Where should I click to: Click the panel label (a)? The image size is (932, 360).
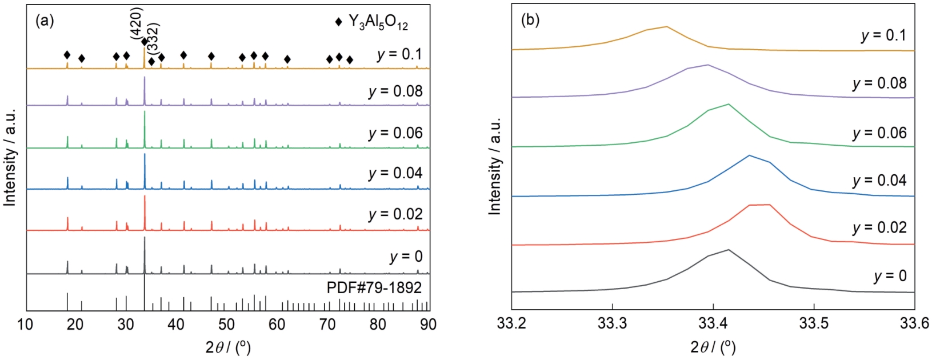click(x=45, y=21)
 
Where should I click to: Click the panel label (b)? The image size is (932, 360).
click(x=530, y=20)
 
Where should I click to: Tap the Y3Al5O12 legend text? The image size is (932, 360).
click(x=378, y=22)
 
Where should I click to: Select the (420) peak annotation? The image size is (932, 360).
click(x=137, y=23)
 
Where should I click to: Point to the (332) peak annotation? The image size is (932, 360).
click(x=153, y=38)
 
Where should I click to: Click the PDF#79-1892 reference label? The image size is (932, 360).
click(x=374, y=287)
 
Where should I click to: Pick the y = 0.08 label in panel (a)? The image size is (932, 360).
click(x=395, y=91)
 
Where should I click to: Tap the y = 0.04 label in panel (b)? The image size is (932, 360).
click(x=879, y=181)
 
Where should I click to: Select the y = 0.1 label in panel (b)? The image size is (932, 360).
click(x=883, y=35)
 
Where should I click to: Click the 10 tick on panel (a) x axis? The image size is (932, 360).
click(x=25, y=325)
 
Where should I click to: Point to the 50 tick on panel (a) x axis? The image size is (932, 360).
click(x=227, y=325)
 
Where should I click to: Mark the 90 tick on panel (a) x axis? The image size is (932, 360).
click(x=428, y=325)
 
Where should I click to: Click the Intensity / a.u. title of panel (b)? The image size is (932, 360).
click(x=495, y=166)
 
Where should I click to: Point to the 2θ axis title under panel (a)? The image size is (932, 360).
click(x=227, y=347)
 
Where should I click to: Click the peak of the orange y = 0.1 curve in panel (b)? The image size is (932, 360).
click(x=666, y=26)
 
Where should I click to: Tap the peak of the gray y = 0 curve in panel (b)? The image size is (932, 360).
click(x=728, y=250)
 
